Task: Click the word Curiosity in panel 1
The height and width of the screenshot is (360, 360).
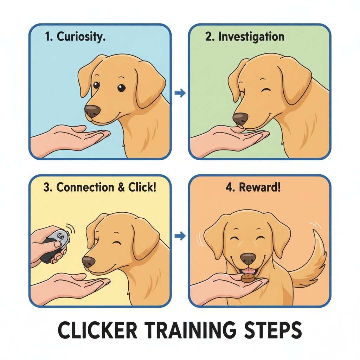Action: coord(81,37)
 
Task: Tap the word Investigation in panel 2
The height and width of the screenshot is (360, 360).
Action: coord(251,37)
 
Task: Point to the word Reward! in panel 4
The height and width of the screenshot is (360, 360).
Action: coord(259,187)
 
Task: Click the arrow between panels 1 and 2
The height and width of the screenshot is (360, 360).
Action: coord(180,93)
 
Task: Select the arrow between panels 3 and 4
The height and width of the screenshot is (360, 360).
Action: coord(180,236)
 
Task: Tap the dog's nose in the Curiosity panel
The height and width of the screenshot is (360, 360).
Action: coord(92,111)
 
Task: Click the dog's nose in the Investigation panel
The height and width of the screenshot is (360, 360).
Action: coord(240,118)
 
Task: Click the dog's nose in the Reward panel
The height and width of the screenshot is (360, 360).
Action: coord(248,259)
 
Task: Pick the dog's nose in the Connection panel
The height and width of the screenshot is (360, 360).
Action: coord(88,262)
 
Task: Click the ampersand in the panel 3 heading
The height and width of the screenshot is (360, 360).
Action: coord(121,187)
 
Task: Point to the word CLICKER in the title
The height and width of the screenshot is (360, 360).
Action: coord(97,330)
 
